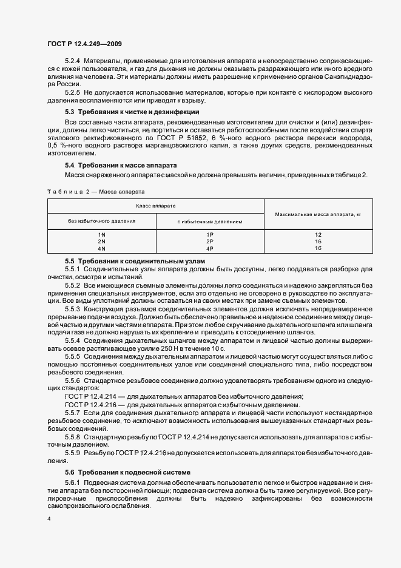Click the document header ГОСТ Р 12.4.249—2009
[86, 45]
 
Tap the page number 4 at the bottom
[49, 520]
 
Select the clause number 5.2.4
[72, 63]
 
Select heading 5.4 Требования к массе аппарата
[121, 165]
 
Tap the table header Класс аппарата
[155, 206]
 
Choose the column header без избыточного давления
[101, 221]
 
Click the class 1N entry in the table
[101, 234]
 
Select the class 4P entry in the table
[210, 248]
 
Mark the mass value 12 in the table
[318, 234]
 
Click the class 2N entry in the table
[101, 242]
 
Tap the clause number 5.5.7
[72, 413]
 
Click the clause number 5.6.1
[72, 483]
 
